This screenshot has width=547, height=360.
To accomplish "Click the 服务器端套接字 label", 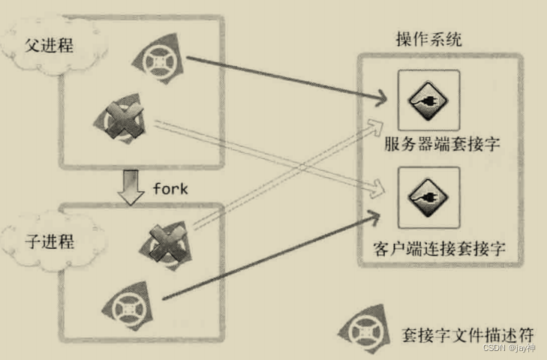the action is tap(430, 144).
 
